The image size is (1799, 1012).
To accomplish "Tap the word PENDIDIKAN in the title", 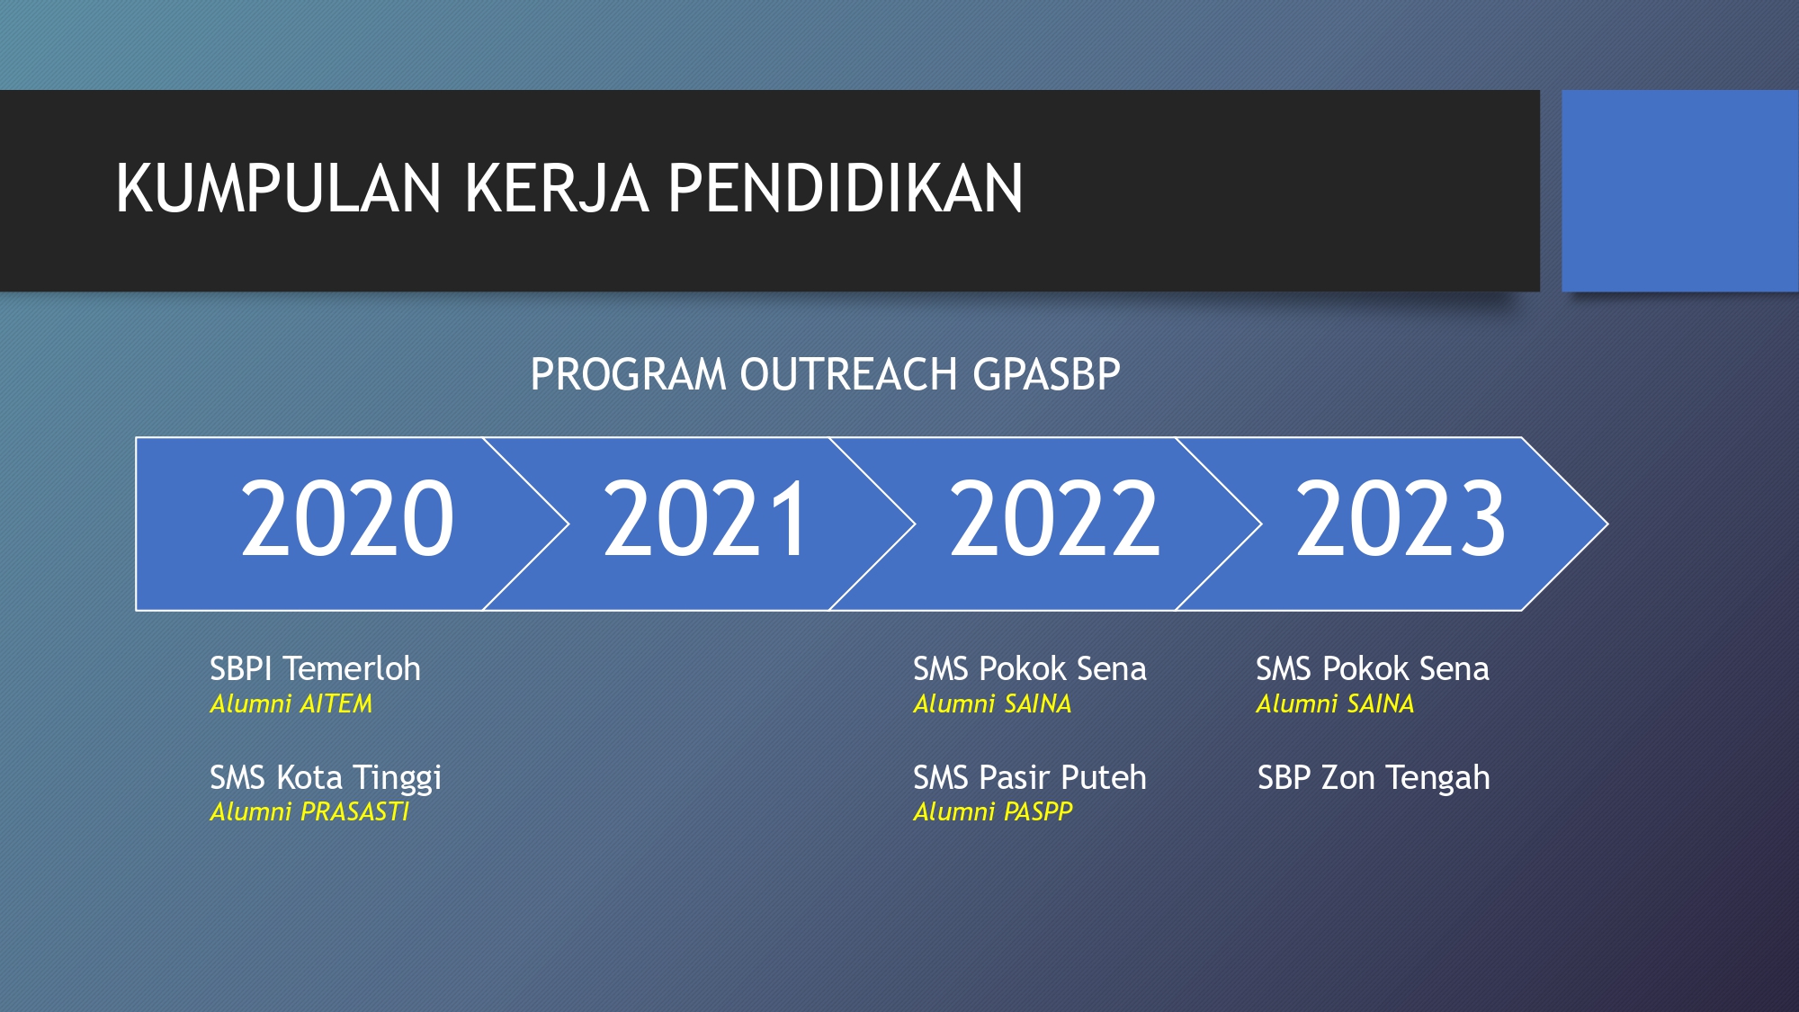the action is [x=845, y=189].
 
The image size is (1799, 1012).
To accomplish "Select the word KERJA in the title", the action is [x=556, y=189].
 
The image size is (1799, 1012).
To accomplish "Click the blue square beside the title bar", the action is [x=1680, y=191].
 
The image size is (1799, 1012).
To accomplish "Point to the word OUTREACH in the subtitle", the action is [x=848, y=374].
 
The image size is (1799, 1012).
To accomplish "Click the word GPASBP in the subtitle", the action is [x=1047, y=374].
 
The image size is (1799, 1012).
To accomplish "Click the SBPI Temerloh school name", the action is [x=315, y=669].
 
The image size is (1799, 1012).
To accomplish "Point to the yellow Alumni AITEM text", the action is [x=291, y=703].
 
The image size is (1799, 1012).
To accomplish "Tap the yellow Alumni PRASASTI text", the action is [x=309, y=811].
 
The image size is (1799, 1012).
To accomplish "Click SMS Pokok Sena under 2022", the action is [x=1030, y=669].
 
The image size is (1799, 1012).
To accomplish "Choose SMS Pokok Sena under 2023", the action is [x=1373, y=669].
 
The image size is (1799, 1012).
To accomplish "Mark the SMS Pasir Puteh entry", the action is [x=1030, y=777].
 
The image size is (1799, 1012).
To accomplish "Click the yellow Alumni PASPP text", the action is [x=993, y=811].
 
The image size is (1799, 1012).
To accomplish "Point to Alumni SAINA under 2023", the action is [x=1335, y=703].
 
